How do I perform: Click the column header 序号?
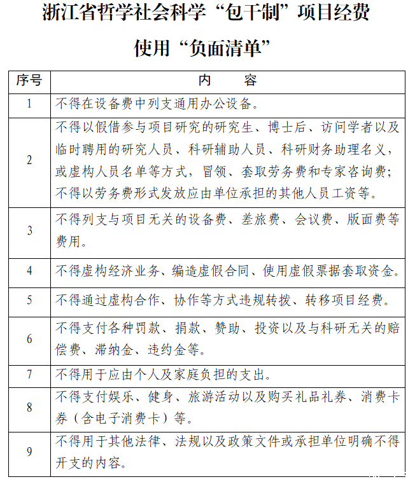click(x=29, y=80)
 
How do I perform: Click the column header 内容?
click(x=227, y=80)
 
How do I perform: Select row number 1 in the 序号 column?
click(x=29, y=104)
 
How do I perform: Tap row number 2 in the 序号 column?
click(x=29, y=160)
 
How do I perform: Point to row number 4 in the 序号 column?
click(x=29, y=270)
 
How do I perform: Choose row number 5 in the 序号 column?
click(x=29, y=299)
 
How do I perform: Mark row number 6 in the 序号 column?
click(x=29, y=339)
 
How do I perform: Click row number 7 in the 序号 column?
click(x=29, y=374)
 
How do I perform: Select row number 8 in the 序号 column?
click(x=29, y=408)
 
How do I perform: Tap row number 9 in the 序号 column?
click(x=29, y=452)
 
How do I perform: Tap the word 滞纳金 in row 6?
click(x=120, y=350)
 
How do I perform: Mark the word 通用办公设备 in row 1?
click(x=215, y=104)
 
